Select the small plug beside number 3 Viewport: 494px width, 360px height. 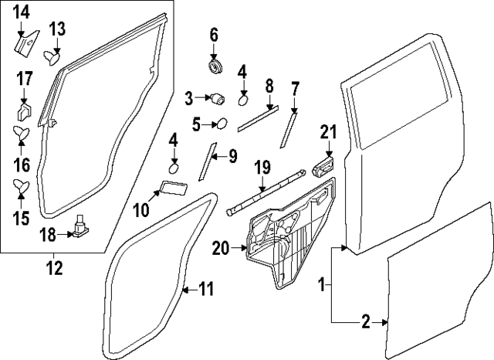coord(218,98)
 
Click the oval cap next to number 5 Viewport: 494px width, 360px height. coord(220,123)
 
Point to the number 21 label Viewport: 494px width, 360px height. coord(329,133)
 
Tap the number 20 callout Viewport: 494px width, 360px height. coord(221,248)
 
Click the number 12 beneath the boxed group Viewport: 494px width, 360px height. coord(55,269)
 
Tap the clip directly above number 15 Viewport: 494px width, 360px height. coord(22,185)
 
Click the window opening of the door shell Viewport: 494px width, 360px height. coord(394,93)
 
